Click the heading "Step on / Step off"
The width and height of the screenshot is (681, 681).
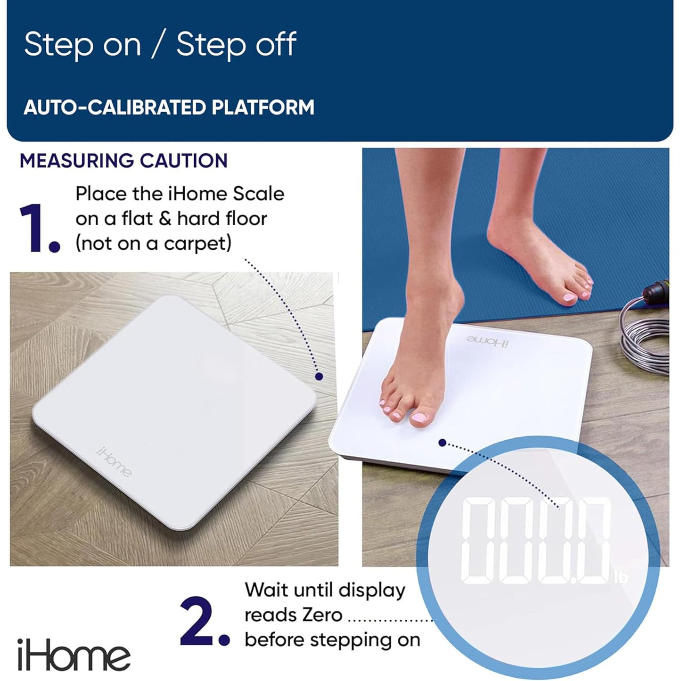coord(160,44)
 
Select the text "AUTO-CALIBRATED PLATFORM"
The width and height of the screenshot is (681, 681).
coord(169,107)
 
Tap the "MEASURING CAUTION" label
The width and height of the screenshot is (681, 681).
coord(123,161)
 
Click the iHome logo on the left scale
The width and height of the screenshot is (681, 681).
coord(114,461)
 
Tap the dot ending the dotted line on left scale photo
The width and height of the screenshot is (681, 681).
coord(319,376)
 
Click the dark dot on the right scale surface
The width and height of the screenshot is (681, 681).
coord(442,443)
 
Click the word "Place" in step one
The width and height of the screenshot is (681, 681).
coord(101,194)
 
